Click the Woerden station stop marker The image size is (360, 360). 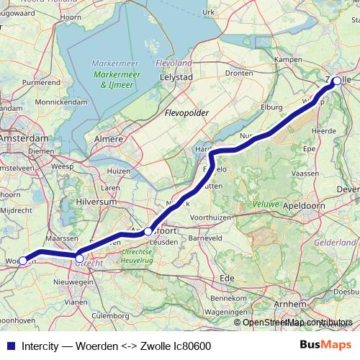click(22, 260)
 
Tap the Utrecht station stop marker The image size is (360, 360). click(79, 258)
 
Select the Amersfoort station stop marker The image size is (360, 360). click(148, 231)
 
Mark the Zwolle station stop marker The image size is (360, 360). click(336, 81)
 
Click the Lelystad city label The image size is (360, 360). click(176, 76)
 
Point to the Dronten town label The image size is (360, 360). click(238, 73)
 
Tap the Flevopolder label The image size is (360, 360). click(186, 113)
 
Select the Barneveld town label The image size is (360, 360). click(204, 237)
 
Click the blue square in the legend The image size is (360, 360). click(10, 346)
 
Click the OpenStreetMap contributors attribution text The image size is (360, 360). click(297, 322)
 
